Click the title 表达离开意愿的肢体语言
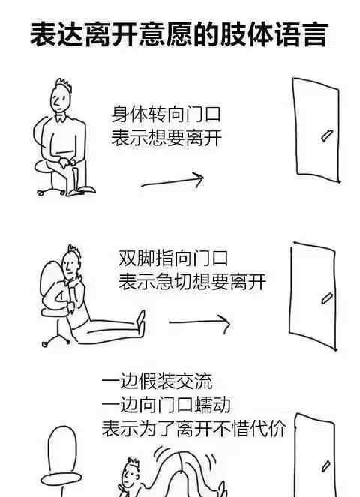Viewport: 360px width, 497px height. point(178,34)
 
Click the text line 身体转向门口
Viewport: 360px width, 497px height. point(166,115)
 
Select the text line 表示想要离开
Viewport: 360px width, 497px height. point(166,138)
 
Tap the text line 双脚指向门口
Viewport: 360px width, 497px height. point(173,258)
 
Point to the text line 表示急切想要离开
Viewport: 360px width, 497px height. point(192,281)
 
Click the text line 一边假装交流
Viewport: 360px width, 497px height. point(157,382)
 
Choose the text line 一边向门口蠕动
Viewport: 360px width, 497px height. point(166,405)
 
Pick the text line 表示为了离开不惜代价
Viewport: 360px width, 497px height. point(194,428)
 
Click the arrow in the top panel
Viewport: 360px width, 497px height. point(172,181)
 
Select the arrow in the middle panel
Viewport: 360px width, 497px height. point(199,322)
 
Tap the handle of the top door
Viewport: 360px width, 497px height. point(326,136)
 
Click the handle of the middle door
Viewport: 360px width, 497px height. point(327,298)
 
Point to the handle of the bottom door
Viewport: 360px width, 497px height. point(325,466)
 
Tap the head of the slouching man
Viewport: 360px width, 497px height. point(70,263)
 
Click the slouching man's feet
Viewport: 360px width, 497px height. point(141,322)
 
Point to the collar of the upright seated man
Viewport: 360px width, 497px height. point(61,118)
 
